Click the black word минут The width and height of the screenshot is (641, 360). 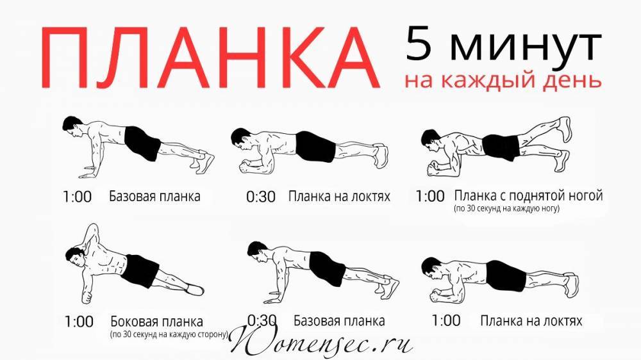click(x=526, y=47)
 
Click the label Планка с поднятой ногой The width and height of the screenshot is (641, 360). click(x=528, y=196)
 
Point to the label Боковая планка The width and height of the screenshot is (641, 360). click(x=156, y=321)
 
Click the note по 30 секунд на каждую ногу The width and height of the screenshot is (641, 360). click(x=506, y=209)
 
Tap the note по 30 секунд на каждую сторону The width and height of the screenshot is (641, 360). click(x=169, y=334)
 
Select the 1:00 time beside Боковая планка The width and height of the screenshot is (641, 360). click(x=79, y=322)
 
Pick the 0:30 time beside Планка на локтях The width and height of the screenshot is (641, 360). click(x=261, y=197)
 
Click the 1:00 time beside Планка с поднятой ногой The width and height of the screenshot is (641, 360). click(x=430, y=196)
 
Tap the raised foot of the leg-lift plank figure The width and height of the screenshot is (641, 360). click(x=565, y=127)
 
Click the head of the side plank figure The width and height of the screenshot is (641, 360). click(x=75, y=258)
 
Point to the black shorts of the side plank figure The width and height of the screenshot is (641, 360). click(x=141, y=270)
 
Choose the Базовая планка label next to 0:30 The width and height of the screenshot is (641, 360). click(x=339, y=321)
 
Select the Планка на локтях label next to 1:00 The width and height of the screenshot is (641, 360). click(x=531, y=321)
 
